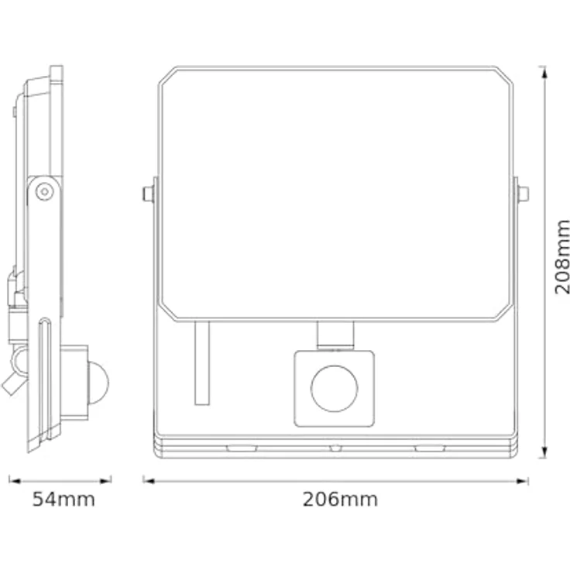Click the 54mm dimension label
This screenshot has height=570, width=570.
pyautogui.click(x=64, y=500)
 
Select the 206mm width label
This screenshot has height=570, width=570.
pyautogui.click(x=340, y=500)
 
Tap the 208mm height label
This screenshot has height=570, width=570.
pyautogui.click(x=563, y=256)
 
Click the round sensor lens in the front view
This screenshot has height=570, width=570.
pyautogui.click(x=334, y=388)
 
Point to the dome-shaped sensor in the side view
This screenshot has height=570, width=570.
pyautogui.click(x=98, y=381)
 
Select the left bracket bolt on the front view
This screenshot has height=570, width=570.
pyautogui.click(x=147, y=194)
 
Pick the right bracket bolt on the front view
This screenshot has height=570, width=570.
pyautogui.click(x=523, y=194)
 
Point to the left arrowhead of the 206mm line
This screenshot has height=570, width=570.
pyautogui.click(x=147, y=480)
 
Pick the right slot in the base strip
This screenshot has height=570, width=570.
pyautogui.click(x=429, y=448)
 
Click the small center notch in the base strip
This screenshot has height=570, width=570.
pyautogui.click(x=335, y=448)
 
